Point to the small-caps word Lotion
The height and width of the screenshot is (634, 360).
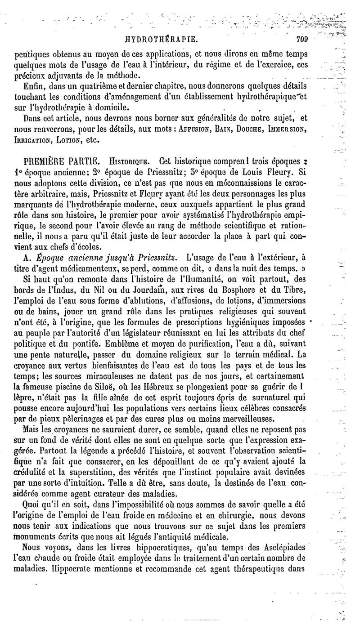[69, 140]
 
